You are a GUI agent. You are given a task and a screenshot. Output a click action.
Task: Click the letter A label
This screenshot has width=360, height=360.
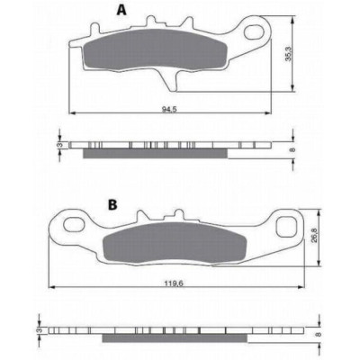pos(121,10)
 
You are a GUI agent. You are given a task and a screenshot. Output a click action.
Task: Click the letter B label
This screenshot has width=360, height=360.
pos(112,204)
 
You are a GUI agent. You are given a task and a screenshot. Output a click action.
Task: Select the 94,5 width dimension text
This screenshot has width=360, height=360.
pos(170,109)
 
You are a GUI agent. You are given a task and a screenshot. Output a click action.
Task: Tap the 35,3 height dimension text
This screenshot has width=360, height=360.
pos(288,54)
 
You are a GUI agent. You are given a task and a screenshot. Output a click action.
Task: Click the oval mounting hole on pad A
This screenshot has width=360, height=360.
pos(255,32)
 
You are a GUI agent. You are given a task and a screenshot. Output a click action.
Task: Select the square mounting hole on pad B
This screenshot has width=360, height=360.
pos(286,226)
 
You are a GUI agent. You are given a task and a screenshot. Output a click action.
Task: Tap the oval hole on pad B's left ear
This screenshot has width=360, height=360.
pos(73,224)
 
